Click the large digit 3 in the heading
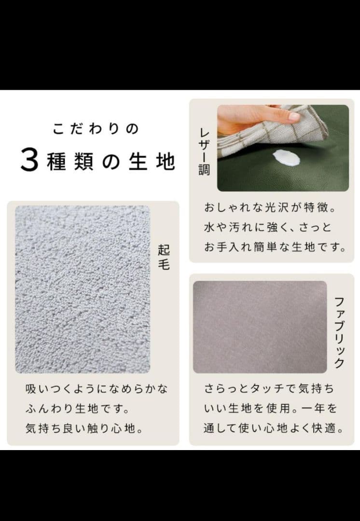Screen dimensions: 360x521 (29, 161)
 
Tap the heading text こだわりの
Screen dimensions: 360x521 (96, 129)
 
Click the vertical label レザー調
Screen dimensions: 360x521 (204, 152)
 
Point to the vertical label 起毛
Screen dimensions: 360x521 (164, 257)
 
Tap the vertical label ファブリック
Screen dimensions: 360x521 (339, 332)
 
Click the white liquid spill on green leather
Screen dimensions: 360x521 (286, 158)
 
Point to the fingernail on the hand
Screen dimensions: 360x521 (294, 117)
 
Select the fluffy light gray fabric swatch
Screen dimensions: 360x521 (83, 289)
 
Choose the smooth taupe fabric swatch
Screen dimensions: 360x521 (260, 327)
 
